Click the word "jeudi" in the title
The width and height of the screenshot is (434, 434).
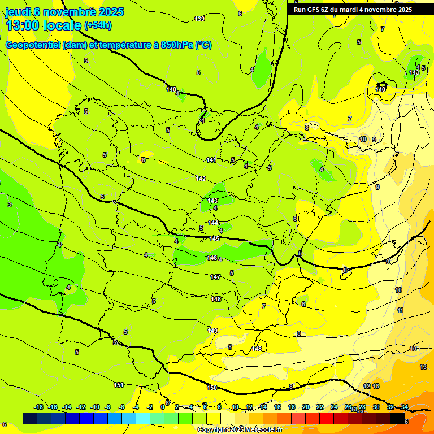18,12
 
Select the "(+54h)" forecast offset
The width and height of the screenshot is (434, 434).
98,25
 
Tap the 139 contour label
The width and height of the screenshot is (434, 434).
199,19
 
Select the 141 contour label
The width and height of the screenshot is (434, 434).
211,160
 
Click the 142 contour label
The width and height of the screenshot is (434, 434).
201,179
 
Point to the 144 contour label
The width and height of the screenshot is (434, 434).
213,223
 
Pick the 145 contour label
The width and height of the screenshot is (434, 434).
214,238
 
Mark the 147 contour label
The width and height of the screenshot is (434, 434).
215,277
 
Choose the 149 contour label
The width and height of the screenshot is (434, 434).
212,331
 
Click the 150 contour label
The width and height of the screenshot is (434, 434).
212,388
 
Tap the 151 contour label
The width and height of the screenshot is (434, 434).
119,385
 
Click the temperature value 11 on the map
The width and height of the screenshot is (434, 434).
400,310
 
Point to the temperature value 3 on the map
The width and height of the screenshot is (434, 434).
9,205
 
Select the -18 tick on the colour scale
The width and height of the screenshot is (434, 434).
39,407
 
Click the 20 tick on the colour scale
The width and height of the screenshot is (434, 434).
306,407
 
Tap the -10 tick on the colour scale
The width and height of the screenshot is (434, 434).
95,407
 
